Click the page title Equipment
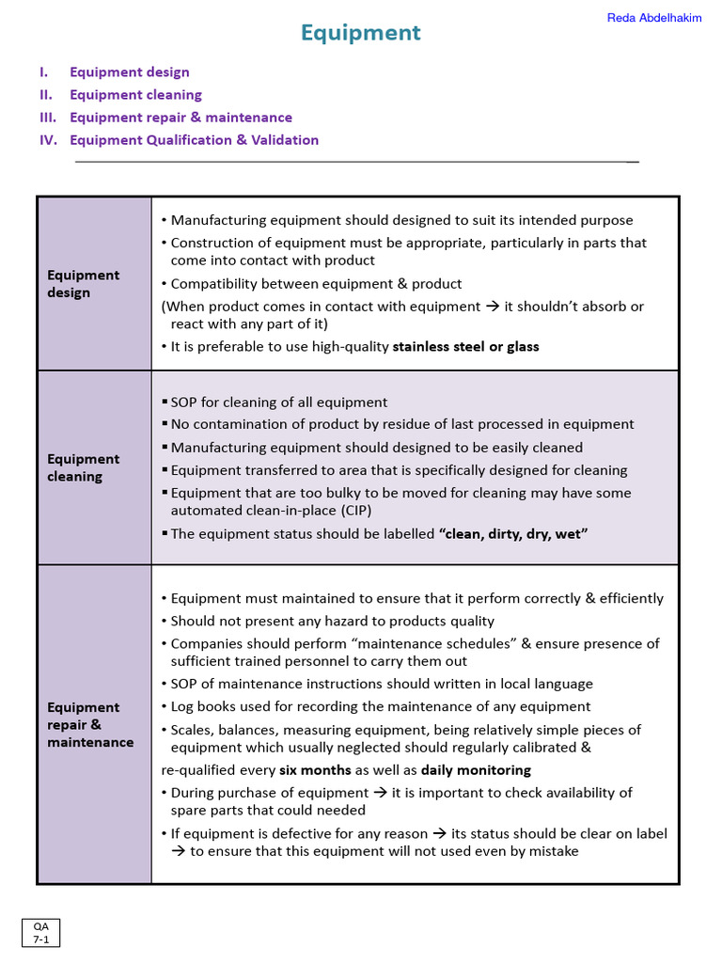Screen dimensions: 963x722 [x=360, y=34]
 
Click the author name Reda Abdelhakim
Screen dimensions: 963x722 [x=654, y=18]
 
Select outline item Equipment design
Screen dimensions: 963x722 [x=129, y=72]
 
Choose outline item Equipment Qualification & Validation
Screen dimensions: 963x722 [x=194, y=140]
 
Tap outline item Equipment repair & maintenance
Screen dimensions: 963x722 [x=180, y=118]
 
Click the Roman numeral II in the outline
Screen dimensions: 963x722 [x=46, y=95]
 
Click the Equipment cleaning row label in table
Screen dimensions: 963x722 [x=84, y=467]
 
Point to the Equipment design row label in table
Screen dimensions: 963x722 [x=84, y=283]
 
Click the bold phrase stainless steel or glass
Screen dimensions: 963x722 [x=465, y=347]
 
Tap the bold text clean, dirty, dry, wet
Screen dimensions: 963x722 [x=513, y=534]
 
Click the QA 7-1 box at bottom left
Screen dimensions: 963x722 [x=40, y=932]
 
